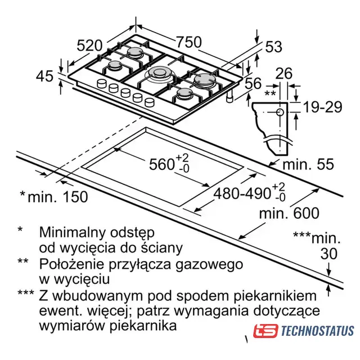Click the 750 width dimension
click(189, 42)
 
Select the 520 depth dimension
click(89, 45)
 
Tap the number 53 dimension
click(274, 47)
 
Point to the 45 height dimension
click(44, 76)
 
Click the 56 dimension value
click(253, 83)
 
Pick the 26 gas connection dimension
click(284, 74)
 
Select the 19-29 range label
click(323, 107)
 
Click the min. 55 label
click(308, 164)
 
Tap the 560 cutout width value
click(161, 164)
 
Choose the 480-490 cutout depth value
click(242, 193)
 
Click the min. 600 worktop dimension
click(289, 213)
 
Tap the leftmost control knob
click(102, 83)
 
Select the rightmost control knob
click(150, 102)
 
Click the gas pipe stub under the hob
click(230, 97)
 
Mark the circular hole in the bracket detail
click(280, 112)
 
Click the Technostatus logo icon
click(265, 331)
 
